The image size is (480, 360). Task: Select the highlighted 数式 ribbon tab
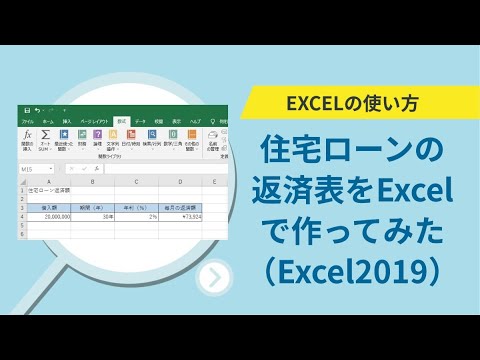tap(121, 121)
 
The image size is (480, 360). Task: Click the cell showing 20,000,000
tap(50, 216)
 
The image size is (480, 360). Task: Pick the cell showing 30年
tap(91, 216)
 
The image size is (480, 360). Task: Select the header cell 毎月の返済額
tap(179, 206)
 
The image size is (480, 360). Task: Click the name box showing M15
tap(30, 170)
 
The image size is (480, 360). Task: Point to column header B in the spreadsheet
tap(91, 182)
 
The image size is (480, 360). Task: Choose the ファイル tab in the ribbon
tap(27, 121)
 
